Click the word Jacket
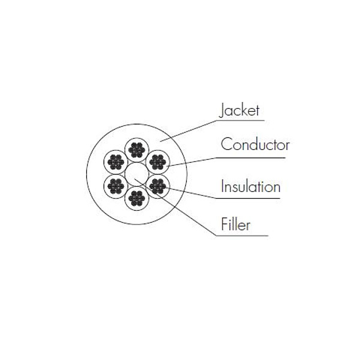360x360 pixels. pos(239,110)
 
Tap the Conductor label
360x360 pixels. pos(255,145)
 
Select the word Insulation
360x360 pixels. pos(251,186)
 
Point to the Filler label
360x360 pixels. pos(236,224)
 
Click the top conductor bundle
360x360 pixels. pos(137,150)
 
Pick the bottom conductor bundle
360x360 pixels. pos(137,198)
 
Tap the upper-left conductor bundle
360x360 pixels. pos(116,162)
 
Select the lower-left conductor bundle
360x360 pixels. pos(116,186)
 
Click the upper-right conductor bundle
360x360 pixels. pos(157,162)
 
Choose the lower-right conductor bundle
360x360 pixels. pos(157,186)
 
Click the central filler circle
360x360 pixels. pos(137,174)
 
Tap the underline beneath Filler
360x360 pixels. pos(242,236)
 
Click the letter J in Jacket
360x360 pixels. pos(221,110)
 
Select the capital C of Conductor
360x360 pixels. pos(226,144)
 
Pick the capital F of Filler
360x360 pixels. pos(224,224)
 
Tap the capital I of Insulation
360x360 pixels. pos(222,186)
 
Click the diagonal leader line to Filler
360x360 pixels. pos(175,207)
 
